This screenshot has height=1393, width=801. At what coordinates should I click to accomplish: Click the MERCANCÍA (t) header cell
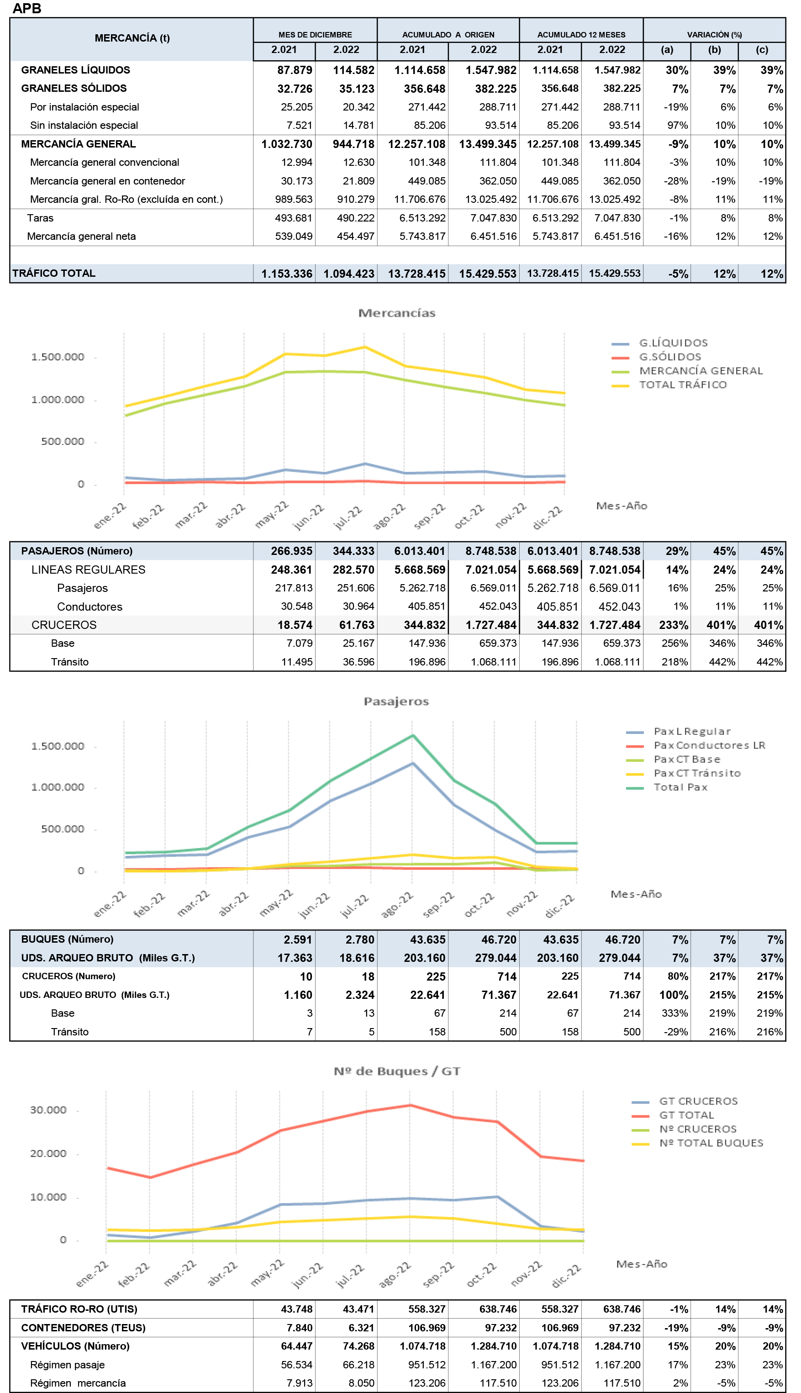(x=132, y=38)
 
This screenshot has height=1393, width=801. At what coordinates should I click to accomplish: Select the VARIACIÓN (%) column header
(x=714, y=35)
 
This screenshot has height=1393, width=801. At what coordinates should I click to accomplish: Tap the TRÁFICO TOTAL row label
(x=54, y=274)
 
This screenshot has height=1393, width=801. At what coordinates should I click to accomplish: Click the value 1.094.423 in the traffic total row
(x=348, y=274)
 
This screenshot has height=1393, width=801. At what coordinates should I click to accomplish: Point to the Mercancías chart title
(x=397, y=313)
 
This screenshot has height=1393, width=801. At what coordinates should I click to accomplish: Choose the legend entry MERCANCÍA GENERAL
(x=701, y=371)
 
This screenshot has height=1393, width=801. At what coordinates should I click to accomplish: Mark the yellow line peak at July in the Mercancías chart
(x=364, y=347)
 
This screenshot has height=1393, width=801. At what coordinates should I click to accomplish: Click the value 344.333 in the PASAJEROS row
(x=353, y=551)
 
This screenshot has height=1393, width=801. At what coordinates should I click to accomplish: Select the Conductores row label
(x=90, y=607)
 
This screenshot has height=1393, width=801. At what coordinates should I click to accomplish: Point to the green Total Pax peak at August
(x=413, y=736)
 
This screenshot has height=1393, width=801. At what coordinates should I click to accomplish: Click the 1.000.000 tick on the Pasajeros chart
(x=58, y=787)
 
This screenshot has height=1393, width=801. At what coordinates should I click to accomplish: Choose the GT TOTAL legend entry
(x=686, y=1115)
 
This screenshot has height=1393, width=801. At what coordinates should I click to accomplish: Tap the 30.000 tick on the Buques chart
(x=48, y=1110)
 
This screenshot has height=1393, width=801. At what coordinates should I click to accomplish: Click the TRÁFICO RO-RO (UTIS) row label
(x=79, y=1309)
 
